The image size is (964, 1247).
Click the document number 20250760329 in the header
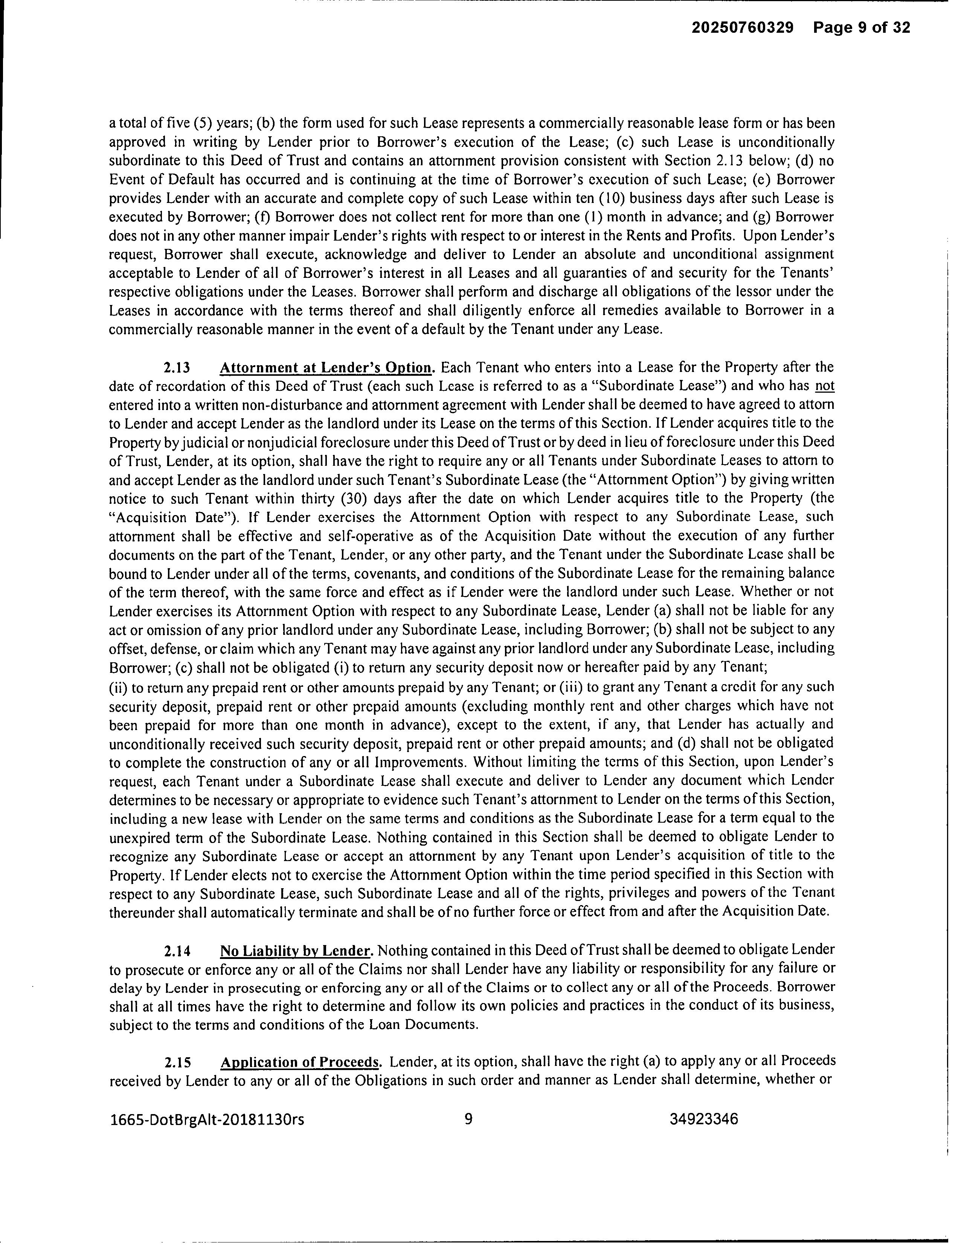tap(743, 28)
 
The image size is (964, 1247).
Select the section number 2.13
tap(177, 367)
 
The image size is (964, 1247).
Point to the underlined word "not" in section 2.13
tap(825, 386)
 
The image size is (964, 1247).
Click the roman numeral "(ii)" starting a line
tap(118, 687)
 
